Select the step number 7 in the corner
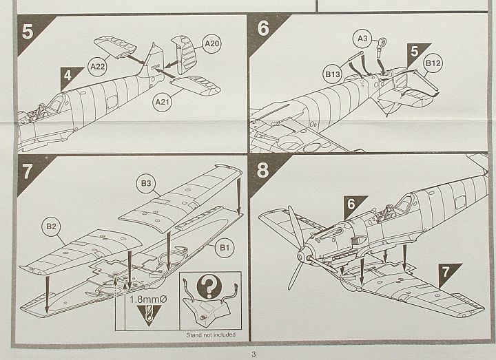click(x=28, y=170)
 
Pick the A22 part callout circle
click(x=97, y=67)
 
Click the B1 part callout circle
click(x=224, y=245)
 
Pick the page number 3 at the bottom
click(x=254, y=354)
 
